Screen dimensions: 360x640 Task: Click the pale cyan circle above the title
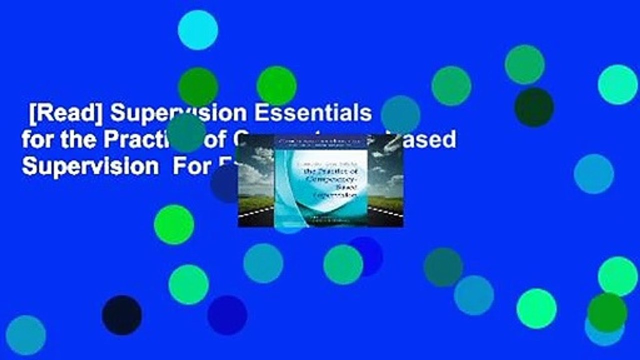point(198,29)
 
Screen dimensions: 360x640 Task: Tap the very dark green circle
point(534,107)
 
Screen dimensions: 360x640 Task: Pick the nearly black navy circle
point(121,315)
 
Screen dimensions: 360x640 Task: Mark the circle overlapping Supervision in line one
point(187,132)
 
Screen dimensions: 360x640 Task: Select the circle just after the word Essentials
point(400,115)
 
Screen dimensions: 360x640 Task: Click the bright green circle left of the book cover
point(174,224)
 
